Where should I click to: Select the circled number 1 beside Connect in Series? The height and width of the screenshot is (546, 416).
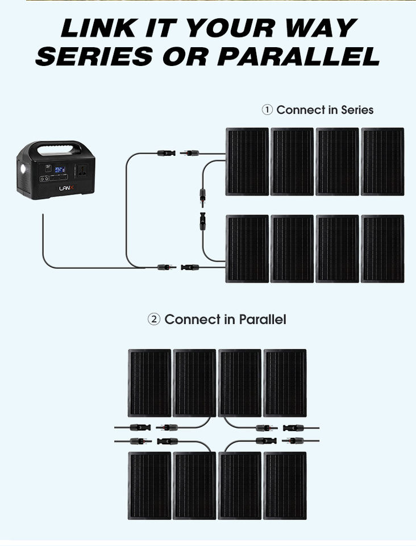[267, 110]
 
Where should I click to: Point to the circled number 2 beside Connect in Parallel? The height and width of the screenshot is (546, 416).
[153, 320]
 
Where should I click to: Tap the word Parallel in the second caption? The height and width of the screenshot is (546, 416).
[263, 320]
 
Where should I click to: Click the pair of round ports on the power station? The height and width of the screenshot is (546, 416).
[43, 179]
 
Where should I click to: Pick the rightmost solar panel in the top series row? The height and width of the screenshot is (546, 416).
[382, 162]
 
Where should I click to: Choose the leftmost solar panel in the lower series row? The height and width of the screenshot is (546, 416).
[247, 249]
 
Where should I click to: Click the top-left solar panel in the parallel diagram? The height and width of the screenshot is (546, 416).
[149, 383]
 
